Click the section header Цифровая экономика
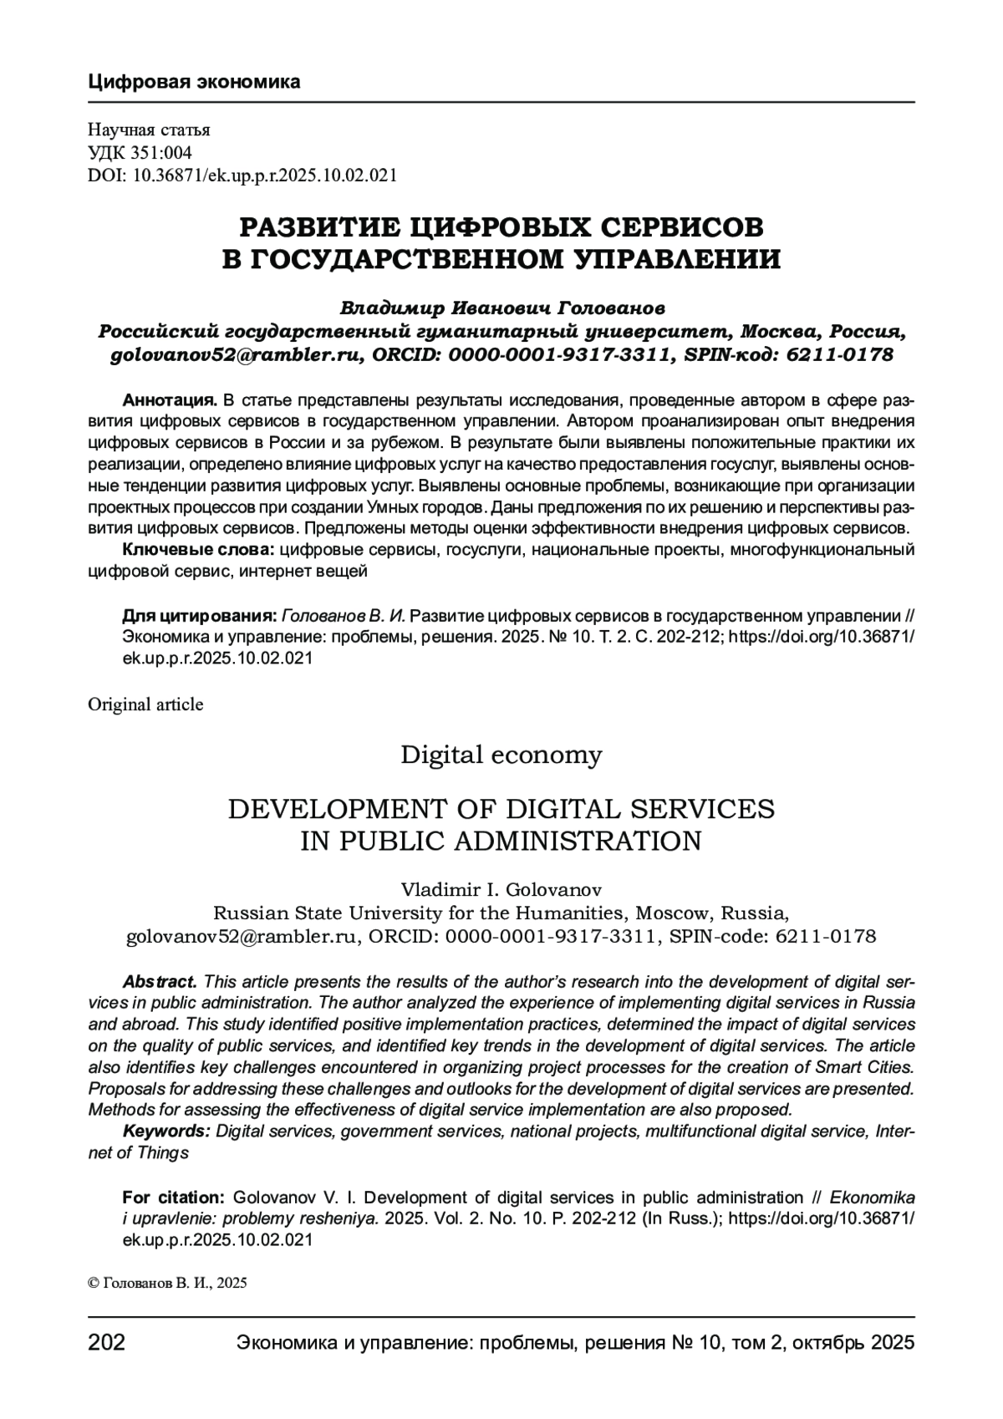coord(193,82)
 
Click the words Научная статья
coord(149,130)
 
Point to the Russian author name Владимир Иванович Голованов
coord(501,308)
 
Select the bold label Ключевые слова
coord(199,550)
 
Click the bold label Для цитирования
coord(200,616)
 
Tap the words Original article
coord(145,704)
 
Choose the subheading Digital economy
coord(501,755)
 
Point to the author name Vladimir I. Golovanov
coord(501,888)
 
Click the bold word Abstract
coord(160,981)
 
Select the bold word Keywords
coord(166,1132)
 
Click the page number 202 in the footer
coord(107,1344)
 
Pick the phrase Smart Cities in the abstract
coord(869,1067)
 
